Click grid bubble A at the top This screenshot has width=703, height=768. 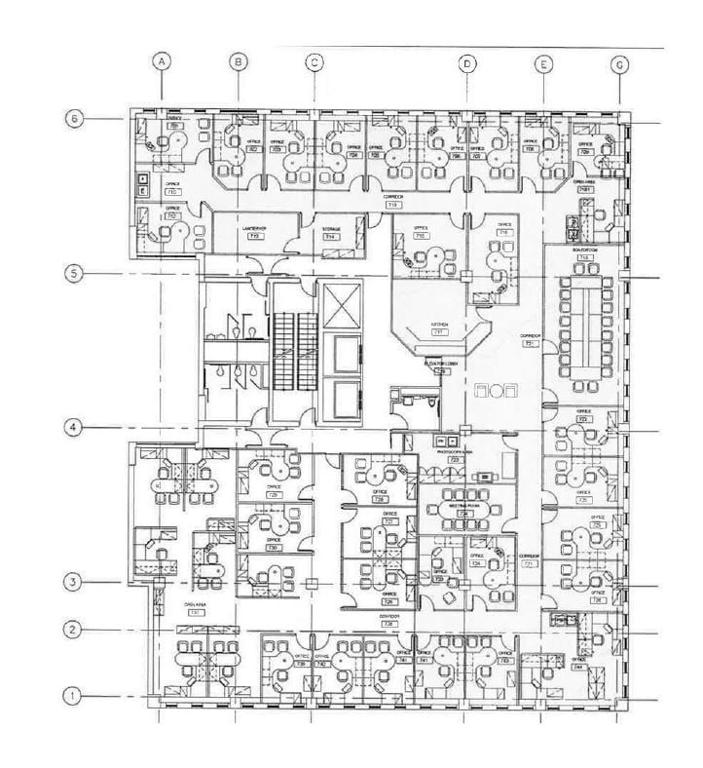tap(164, 61)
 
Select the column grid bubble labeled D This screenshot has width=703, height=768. tap(468, 63)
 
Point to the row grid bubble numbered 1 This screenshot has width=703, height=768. tap(72, 696)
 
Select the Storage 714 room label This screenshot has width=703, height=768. tap(331, 233)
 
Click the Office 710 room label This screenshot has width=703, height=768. tap(172, 187)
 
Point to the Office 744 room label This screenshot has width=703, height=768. tap(551, 663)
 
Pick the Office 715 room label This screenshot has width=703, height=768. tap(420, 234)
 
